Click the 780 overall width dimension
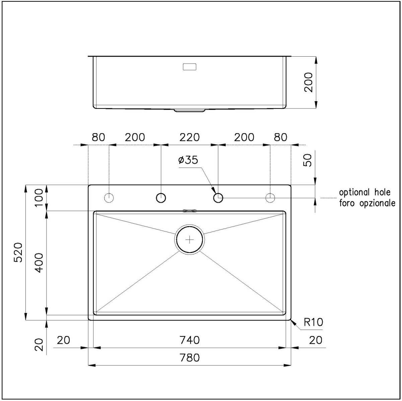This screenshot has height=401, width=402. coord(189,358)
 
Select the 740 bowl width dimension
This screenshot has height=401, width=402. coord(189,340)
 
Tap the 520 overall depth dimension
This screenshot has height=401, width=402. coord(18,253)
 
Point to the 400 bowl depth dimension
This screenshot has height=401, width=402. coord(39,263)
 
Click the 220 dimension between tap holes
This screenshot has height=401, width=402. coord(189,137)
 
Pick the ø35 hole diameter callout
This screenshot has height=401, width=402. coord(188,160)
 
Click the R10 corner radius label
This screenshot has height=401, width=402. coord(313,322)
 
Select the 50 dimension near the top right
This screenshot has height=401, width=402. coord(307,160)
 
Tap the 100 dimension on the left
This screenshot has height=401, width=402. coord(39,197)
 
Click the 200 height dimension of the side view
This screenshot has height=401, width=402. coord(308,82)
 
